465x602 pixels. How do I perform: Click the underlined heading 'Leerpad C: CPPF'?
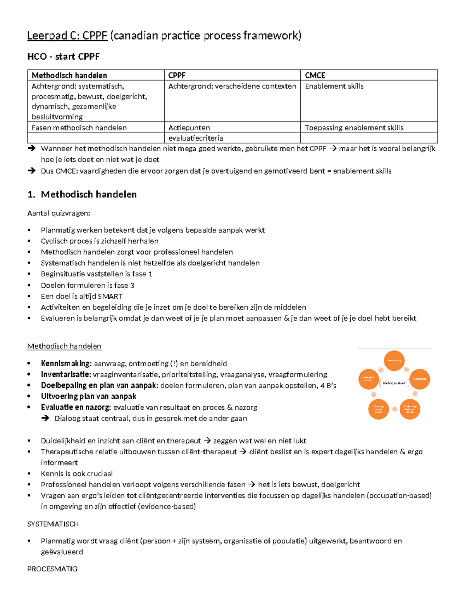point(67,36)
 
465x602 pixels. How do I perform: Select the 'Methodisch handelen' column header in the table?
point(69,75)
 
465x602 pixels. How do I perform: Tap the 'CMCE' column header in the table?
point(315,75)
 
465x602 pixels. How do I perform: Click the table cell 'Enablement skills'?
point(334,86)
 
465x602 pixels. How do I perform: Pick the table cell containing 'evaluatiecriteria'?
point(196,138)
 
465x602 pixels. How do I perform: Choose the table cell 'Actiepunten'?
point(189,128)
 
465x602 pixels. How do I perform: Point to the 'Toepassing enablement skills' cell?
point(354,128)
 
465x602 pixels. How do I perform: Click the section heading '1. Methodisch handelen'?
point(82,194)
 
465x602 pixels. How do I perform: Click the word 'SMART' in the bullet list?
point(110,296)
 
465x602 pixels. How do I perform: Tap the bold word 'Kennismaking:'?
point(66,364)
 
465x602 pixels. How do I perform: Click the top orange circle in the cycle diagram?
point(394,361)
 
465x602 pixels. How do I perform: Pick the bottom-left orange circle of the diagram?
point(378,409)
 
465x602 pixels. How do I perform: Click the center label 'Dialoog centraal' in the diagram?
point(394,383)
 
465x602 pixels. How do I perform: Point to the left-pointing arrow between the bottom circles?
point(394,409)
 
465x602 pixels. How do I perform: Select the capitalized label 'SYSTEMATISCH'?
point(53,524)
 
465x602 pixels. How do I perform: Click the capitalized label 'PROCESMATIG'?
point(52,569)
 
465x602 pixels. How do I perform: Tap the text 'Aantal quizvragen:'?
point(59,213)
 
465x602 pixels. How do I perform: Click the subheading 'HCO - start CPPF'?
point(63,57)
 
